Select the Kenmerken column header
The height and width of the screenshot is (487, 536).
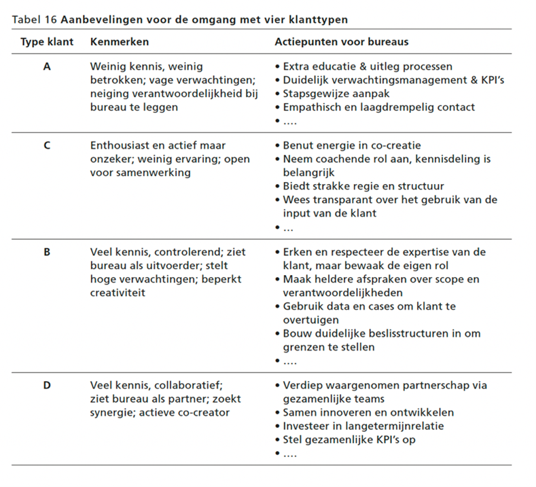point(119,42)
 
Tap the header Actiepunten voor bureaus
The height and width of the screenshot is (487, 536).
point(342,42)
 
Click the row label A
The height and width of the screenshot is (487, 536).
point(46,67)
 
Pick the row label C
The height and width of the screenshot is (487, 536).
point(46,145)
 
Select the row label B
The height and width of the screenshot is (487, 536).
point(46,252)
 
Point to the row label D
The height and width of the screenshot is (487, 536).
point(46,385)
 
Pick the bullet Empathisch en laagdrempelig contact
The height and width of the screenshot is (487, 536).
point(378,107)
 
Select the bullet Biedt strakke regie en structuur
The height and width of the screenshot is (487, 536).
point(363,186)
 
